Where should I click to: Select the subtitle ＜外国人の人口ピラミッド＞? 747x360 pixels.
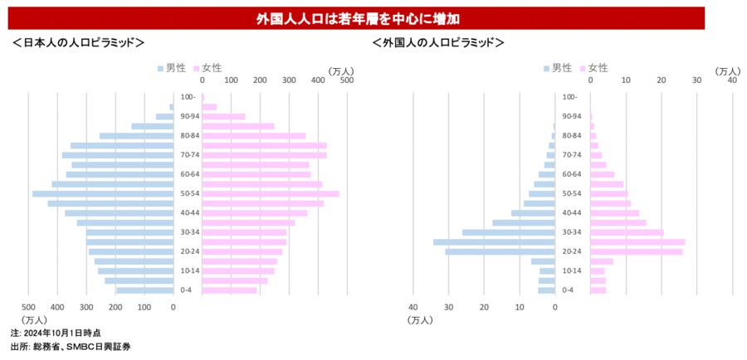point(438,42)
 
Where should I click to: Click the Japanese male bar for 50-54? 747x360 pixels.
point(103,193)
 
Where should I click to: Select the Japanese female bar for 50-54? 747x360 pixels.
point(271,193)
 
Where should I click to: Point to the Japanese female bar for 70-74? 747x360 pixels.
point(264,155)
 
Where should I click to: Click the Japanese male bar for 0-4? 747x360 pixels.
point(144,289)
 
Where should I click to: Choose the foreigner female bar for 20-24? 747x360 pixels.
point(637,251)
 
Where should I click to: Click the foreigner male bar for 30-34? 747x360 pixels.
point(508,232)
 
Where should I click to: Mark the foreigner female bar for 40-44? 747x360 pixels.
point(615,213)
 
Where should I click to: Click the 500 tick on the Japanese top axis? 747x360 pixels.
point(347,81)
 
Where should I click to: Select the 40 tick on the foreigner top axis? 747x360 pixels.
point(732,81)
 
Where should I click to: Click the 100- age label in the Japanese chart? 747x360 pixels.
point(188,97)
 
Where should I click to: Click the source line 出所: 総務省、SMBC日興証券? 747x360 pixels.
point(71,346)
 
